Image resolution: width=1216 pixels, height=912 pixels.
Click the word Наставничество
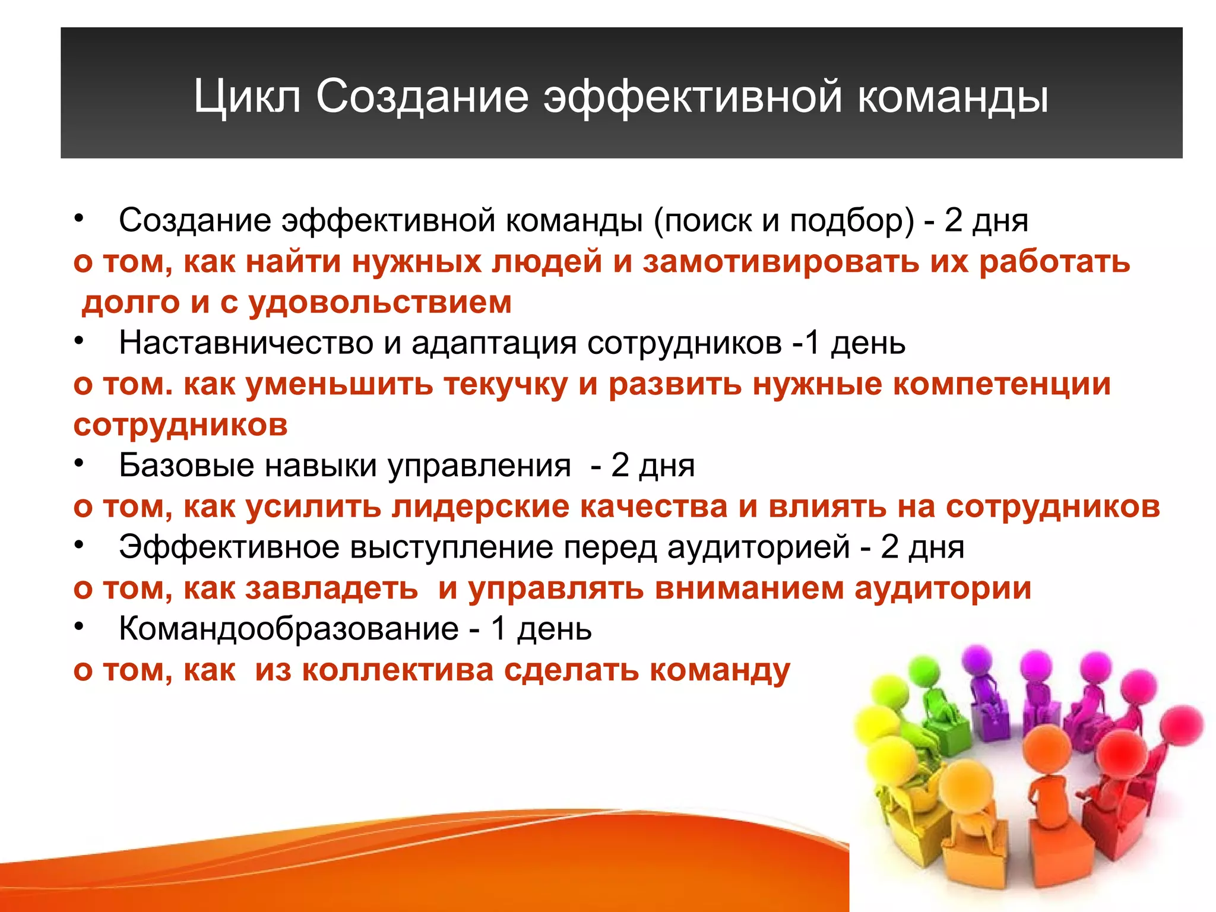pos(246,343)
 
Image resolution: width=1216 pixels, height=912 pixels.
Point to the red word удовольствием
pos(380,302)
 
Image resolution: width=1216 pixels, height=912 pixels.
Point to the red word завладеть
pos(332,588)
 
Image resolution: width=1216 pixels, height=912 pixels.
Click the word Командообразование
pos(289,629)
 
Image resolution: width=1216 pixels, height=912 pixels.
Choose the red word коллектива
pos(398,670)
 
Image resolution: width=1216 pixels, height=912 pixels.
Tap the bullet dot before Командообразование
pos(79,626)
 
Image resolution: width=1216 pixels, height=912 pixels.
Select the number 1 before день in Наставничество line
pos(812,343)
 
